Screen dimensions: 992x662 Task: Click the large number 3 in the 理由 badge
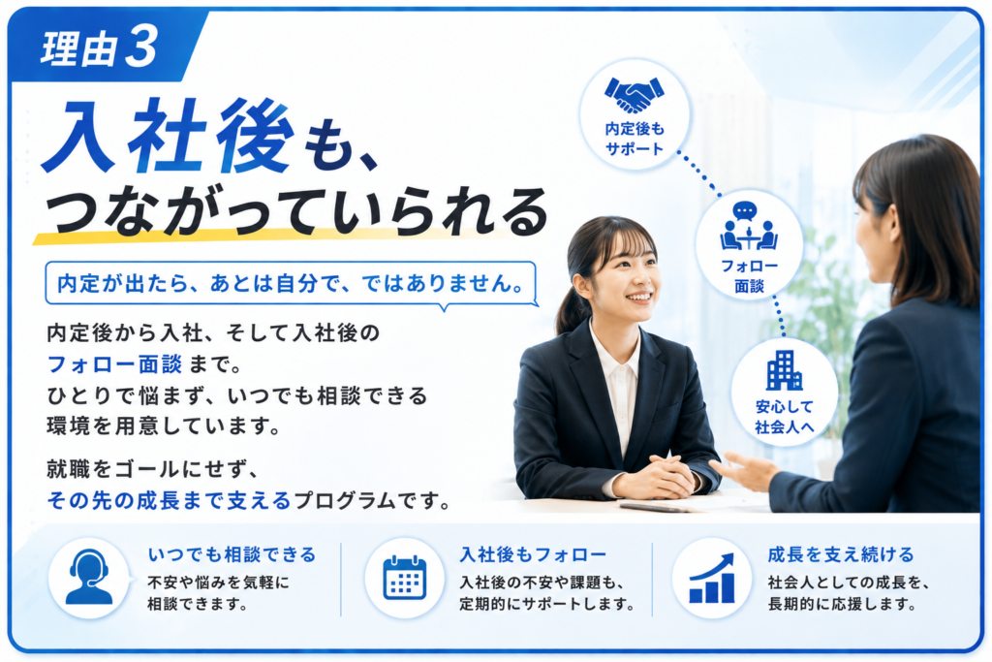(x=141, y=47)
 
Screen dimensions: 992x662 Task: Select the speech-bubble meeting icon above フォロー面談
(x=749, y=226)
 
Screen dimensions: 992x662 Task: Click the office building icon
(x=784, y=370)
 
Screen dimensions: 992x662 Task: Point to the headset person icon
(x=88, y=577)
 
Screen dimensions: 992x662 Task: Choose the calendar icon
(x=405, y=578)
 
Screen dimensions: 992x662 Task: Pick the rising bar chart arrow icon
(x=712, y=578)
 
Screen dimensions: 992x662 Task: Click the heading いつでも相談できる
(x=232, y=555)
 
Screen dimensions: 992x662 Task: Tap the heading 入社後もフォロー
(x=533, y=555)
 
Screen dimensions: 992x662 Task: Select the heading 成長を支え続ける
(x=841, y=555)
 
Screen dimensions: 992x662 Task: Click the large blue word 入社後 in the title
(x=169, y=137)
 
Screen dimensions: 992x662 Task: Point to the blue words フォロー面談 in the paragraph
(x=114, y=364)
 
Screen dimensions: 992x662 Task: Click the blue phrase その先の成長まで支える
(x=169, y=500)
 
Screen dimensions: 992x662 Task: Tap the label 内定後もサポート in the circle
(x=635, y=140)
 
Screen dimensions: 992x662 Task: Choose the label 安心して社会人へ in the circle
(x=785, y=417)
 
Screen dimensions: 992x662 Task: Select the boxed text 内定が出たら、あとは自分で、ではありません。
(x=291, y=284)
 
